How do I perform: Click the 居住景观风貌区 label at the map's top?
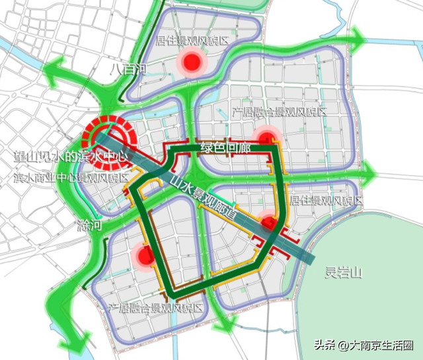click(x=192, y=40)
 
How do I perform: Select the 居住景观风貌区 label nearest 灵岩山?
click(x=327, y=200)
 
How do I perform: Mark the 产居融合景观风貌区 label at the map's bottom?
click(x=155, y=308)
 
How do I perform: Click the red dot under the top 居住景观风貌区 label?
click(x=192, y=63)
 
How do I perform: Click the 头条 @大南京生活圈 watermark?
click(x=364, y=345)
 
